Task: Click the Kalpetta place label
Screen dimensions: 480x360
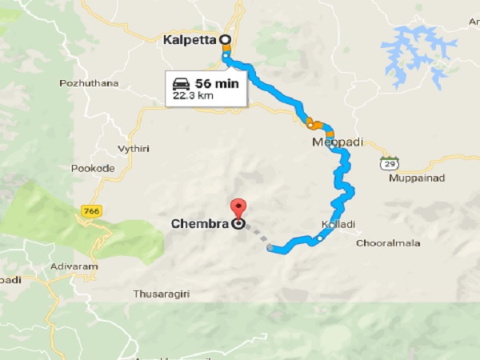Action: [189, 39]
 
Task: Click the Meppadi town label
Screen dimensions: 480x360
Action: [337, 142]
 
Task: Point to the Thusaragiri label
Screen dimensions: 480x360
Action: [168, 294]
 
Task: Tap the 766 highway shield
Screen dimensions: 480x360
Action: [90, 210]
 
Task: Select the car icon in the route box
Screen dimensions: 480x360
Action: [181, 83]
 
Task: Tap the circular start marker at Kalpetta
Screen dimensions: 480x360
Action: [225, 38]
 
